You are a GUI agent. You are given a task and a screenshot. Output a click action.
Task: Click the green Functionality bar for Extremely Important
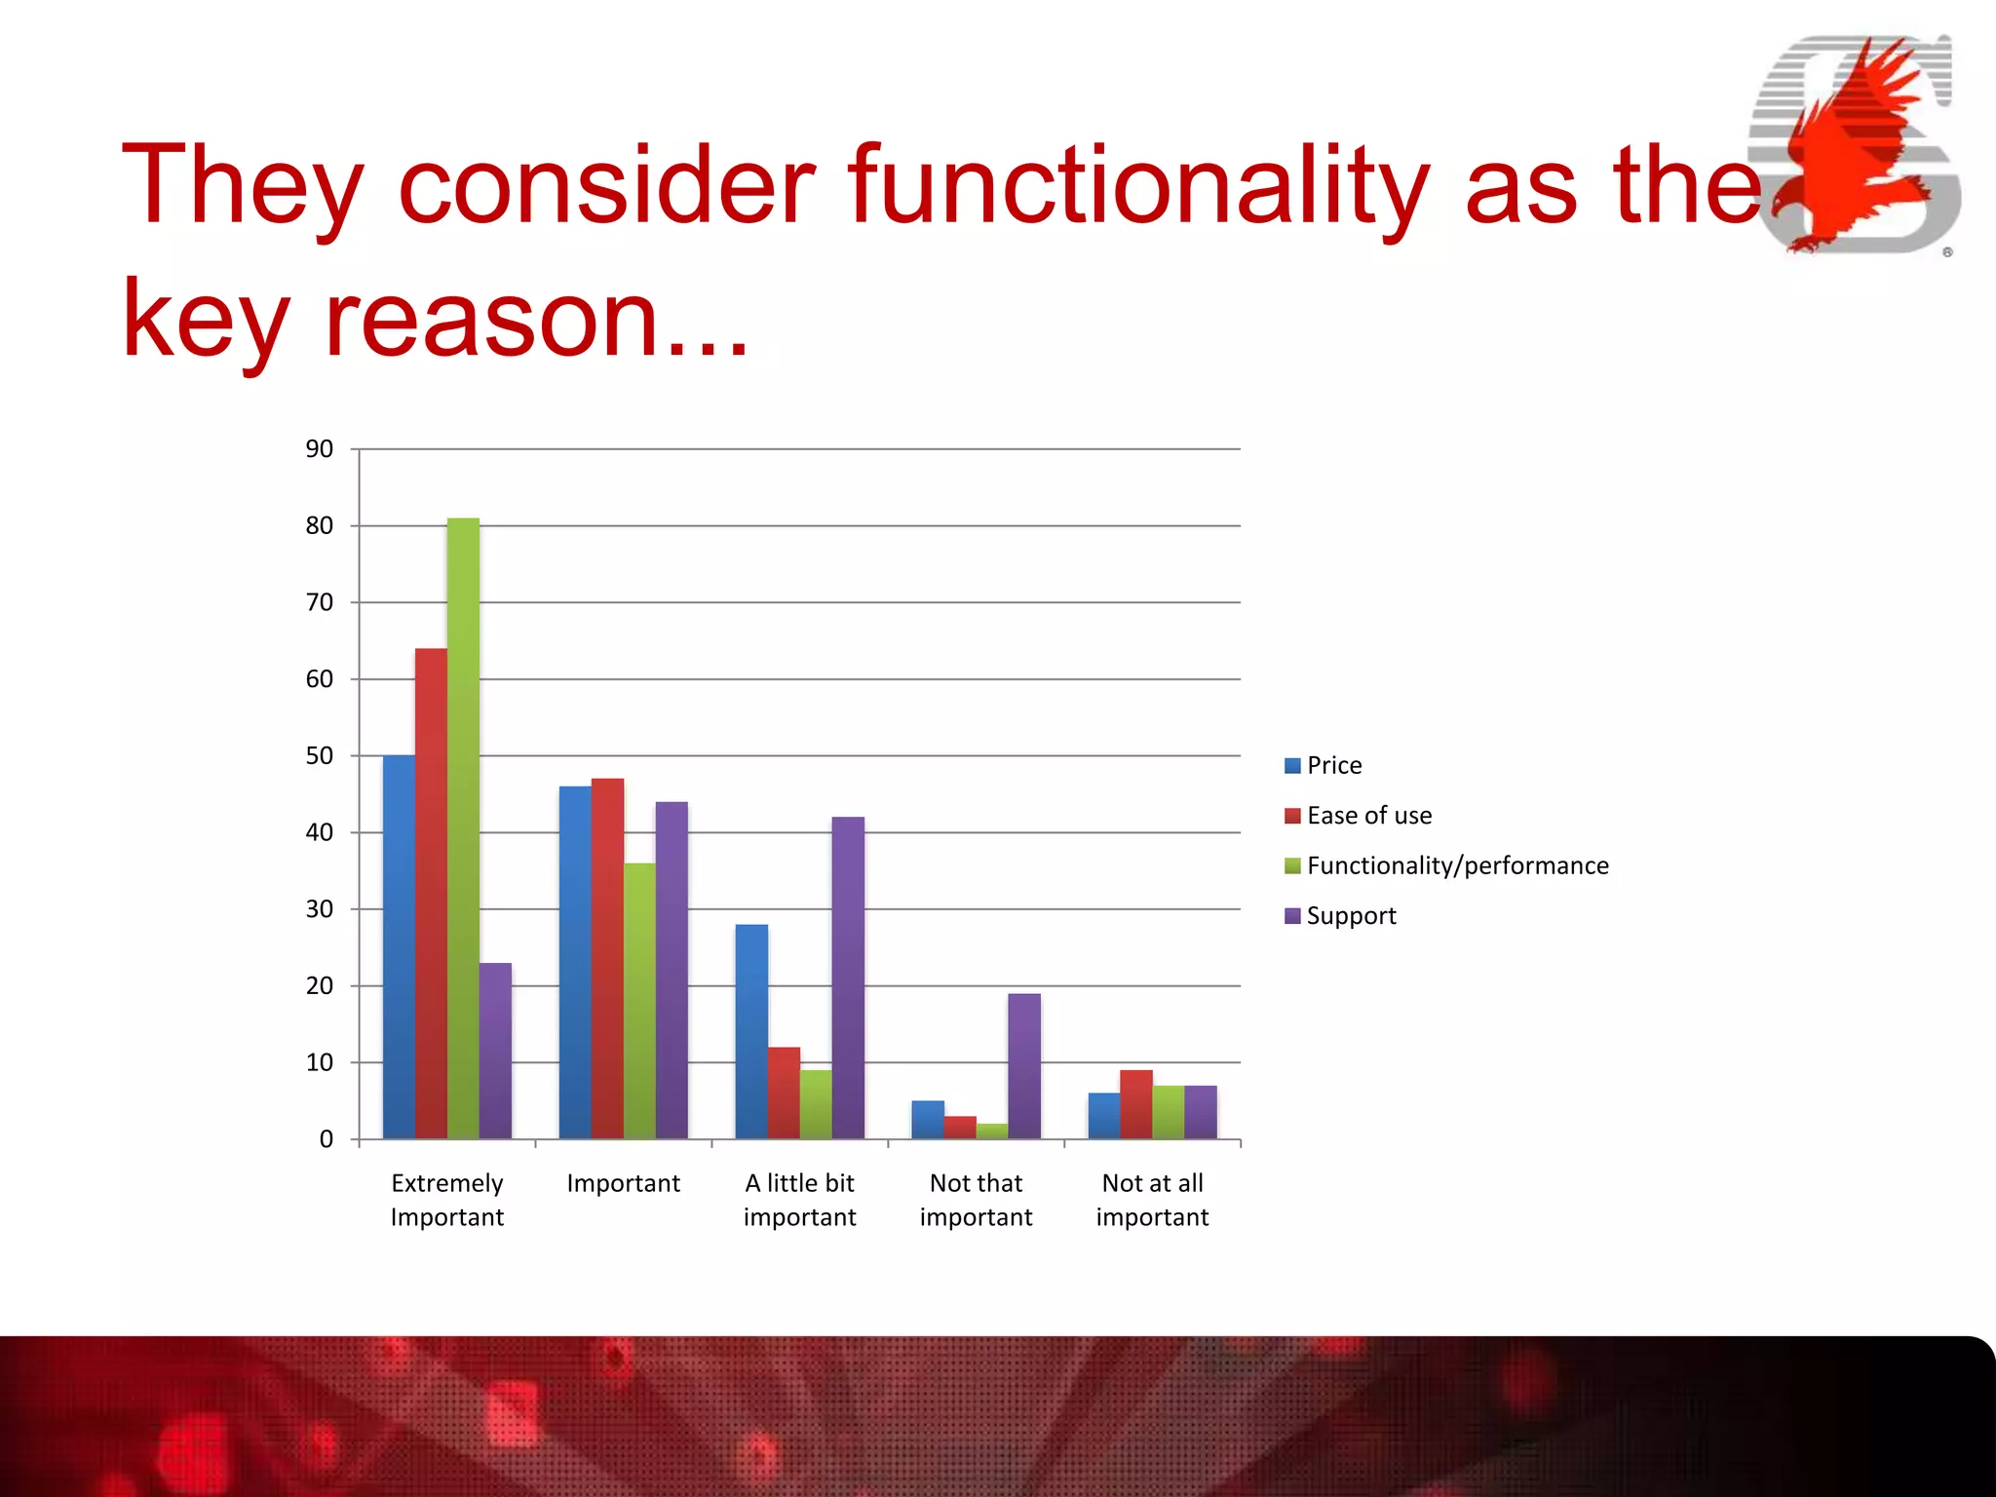[463, 828]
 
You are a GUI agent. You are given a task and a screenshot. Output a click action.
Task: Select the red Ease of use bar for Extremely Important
[431, 893]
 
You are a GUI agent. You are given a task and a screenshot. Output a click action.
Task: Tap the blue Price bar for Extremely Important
[399, 946]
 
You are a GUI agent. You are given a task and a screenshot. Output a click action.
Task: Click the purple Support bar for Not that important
[1024, 1065]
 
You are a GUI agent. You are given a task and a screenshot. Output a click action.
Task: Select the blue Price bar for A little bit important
[751, 1031]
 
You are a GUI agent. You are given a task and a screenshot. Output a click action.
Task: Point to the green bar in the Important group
[639, 1001]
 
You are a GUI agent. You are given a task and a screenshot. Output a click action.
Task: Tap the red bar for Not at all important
[1135, 1104]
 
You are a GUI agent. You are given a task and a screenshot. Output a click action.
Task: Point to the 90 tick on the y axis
[320, 449]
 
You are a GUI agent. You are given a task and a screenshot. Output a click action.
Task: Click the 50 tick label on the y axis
[320, 756]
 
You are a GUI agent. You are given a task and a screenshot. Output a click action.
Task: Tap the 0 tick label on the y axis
[326, 1139]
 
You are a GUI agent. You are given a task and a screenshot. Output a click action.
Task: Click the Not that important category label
[976, 1200]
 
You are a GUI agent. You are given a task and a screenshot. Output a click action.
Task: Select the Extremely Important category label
[446, 1200]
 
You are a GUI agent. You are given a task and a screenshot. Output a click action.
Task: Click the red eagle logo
[1852, 146]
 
